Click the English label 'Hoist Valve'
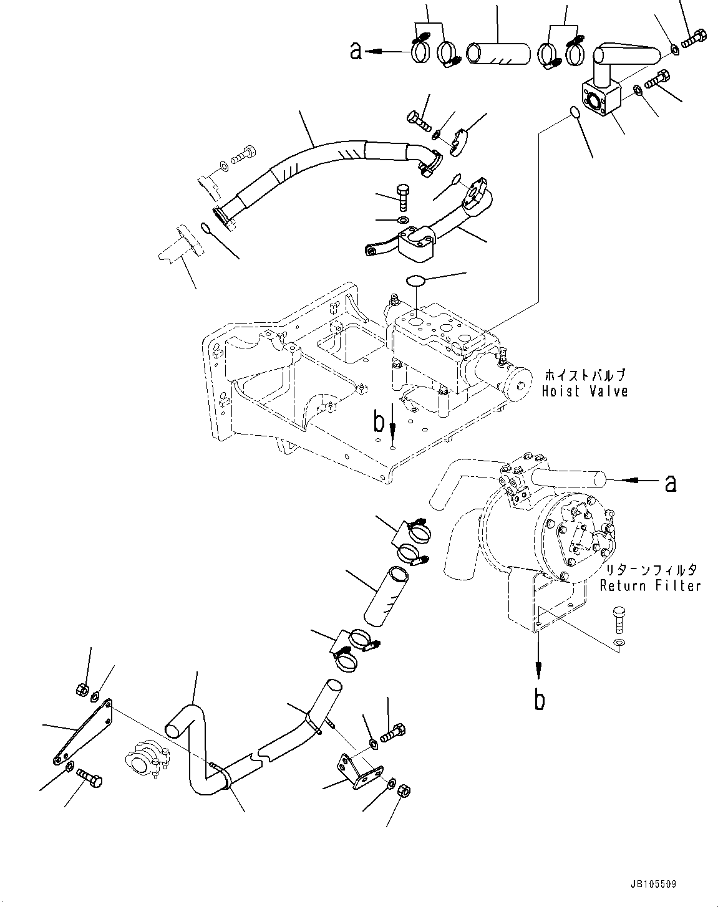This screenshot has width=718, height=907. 584,391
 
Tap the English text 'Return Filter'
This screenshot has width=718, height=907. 650,585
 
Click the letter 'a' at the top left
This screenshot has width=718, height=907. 356,52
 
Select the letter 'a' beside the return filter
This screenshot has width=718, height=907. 671,482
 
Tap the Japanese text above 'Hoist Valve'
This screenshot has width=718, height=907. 584,376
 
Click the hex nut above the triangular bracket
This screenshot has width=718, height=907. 80,689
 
